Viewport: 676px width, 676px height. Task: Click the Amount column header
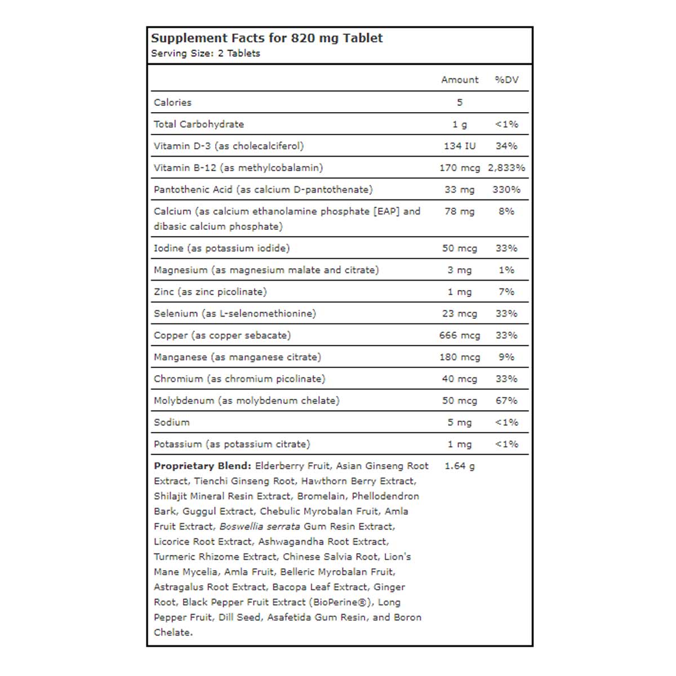(460, 80)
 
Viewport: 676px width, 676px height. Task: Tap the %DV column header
(506, 80)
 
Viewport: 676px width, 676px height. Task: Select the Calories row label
(172, 103)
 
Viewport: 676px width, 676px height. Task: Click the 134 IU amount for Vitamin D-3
(460, 146)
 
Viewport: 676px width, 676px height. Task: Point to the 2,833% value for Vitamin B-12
(506, 168)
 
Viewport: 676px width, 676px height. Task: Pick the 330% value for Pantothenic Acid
(506, 190)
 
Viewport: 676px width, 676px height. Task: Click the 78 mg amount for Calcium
(460, 211)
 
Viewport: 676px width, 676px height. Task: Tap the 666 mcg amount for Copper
(460, 335)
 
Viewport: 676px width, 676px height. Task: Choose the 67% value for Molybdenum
(506, 401)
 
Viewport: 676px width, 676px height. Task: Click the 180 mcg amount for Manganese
(460, 357)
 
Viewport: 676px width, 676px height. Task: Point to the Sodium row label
(171, 422)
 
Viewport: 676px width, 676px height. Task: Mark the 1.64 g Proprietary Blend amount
(460, 466)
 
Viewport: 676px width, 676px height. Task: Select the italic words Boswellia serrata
(259, 527)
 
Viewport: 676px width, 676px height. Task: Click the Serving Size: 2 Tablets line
(206, 54)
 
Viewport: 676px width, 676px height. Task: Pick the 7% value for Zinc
(506, 292)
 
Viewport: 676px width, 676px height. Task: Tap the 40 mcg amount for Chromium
(460, 379)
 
